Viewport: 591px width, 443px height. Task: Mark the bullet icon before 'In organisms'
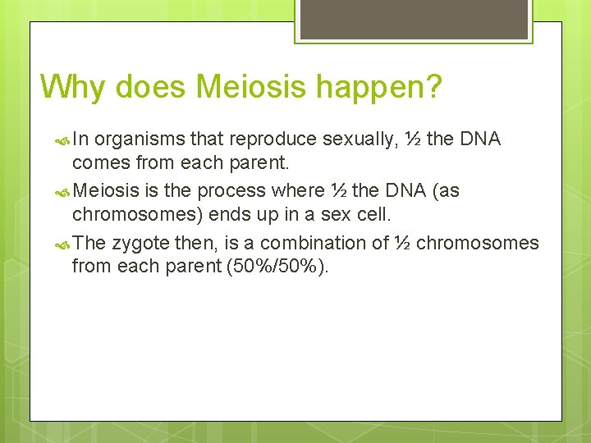tap(64, 140)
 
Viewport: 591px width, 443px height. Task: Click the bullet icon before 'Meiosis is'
tap(64, 192)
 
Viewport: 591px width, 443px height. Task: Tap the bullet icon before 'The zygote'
tap(64, 244)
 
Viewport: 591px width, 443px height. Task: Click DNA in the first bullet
tap(480, 139)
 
